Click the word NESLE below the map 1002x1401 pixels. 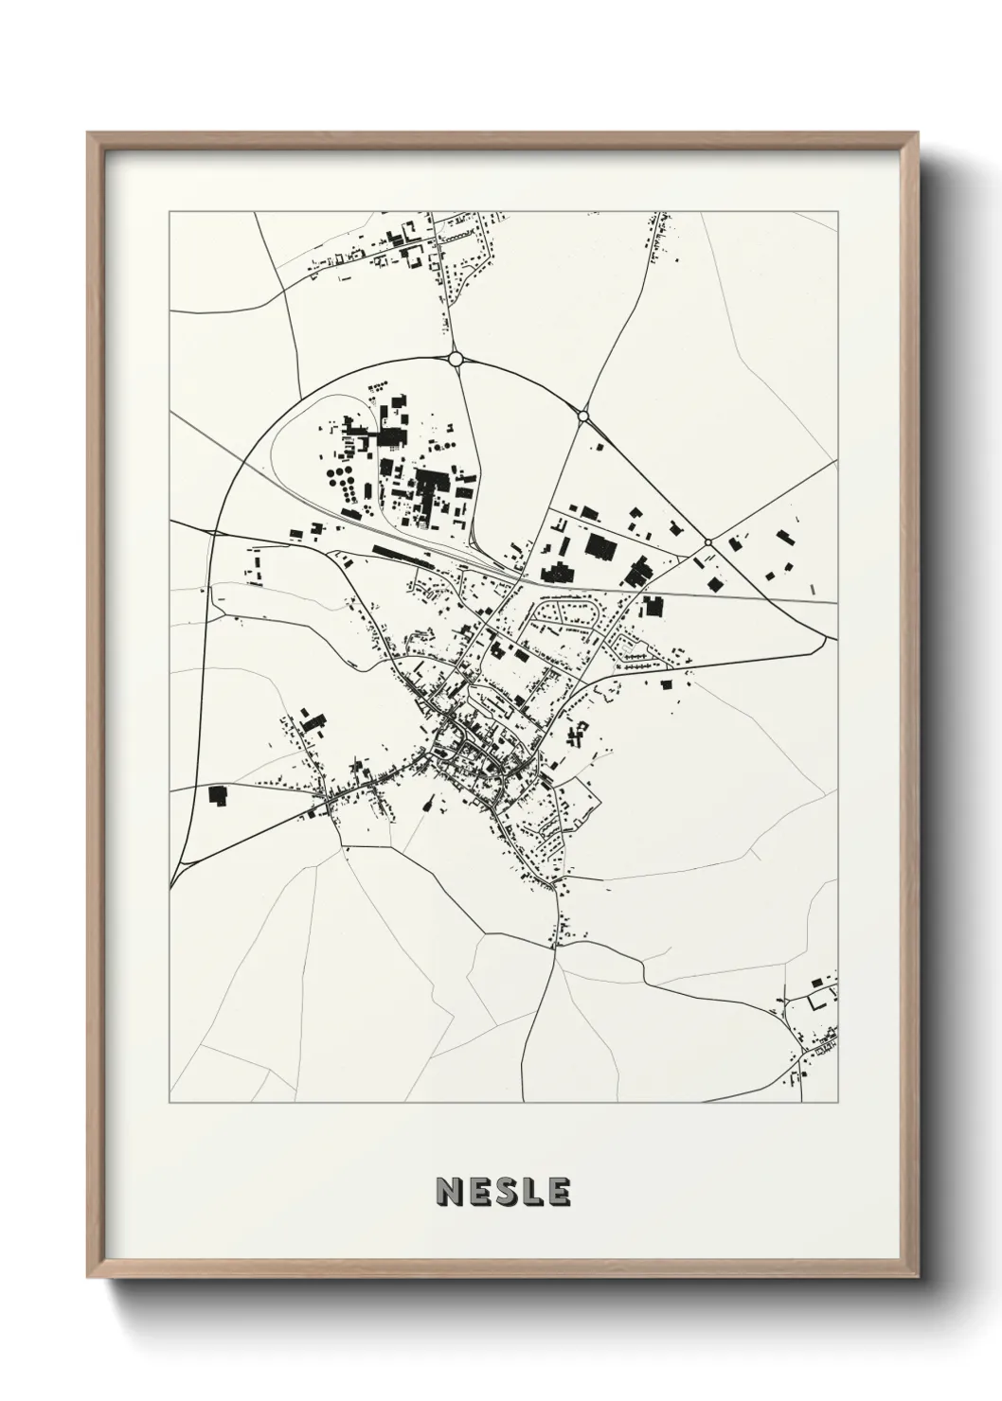503,1192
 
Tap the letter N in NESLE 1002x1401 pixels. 449,1192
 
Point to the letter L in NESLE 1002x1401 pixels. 531,1192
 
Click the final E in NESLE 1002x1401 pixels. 558,1192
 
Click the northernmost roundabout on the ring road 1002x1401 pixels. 456,359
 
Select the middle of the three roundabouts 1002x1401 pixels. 583,416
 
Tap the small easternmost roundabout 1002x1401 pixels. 707,542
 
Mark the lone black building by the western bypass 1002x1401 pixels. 219,795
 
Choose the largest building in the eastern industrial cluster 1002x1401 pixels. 600,545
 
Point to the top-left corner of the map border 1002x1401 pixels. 170,212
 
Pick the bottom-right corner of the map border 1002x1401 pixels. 837,1103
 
